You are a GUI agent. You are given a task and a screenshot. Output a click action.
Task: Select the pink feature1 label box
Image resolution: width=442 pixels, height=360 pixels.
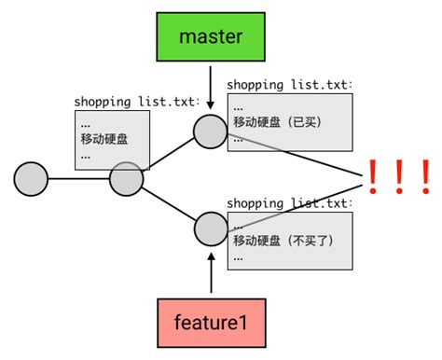click(x=211, y=324)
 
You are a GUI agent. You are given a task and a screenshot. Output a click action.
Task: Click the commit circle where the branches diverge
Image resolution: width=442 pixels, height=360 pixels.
click(x=126, y=177)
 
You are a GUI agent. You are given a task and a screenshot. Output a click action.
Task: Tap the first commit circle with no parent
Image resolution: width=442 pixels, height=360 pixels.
click(x=31, y=177)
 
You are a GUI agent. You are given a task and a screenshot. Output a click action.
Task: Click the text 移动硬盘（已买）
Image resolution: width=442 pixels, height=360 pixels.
click(x=280, y=121)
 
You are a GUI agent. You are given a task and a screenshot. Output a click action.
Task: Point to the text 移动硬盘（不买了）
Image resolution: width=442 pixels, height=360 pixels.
click(x=283, y=241)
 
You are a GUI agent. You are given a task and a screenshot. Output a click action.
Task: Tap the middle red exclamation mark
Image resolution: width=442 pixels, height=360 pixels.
click(x=398, y=176)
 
